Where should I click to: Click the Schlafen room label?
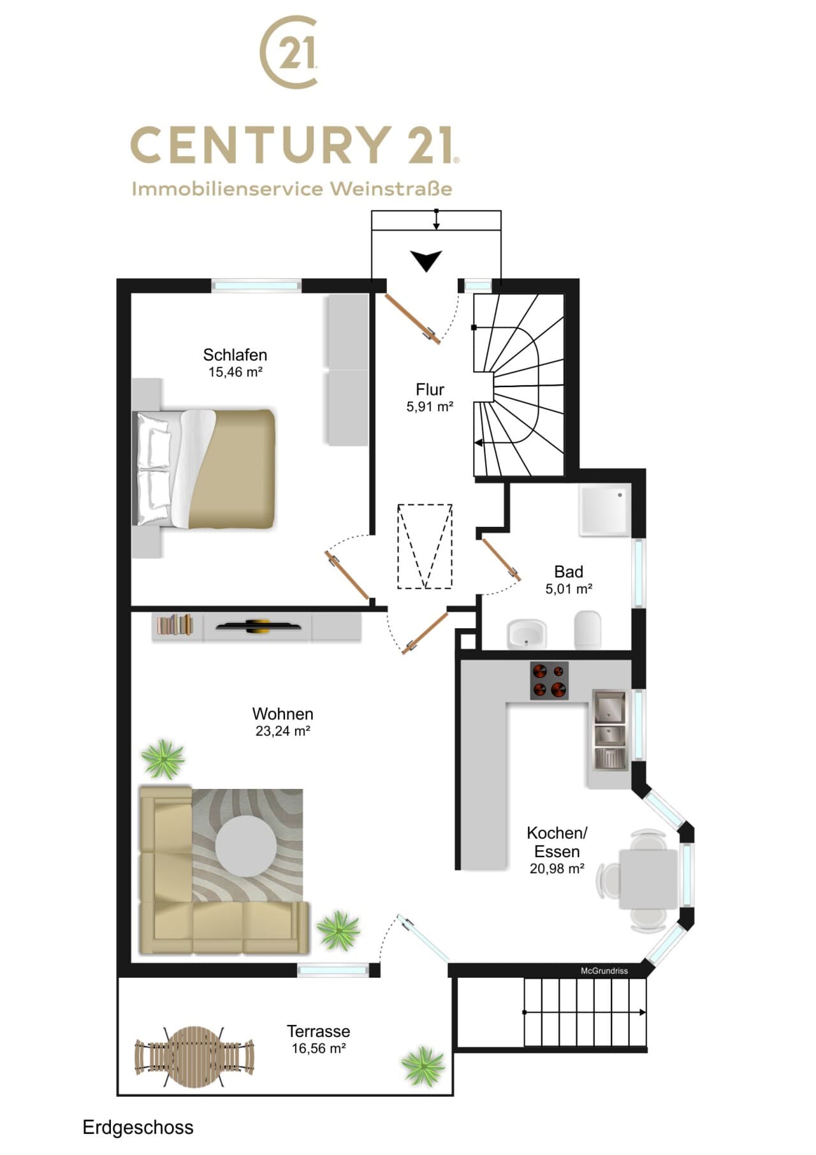[x=235, y=355]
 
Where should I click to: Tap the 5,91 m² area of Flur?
[x=430, y=406]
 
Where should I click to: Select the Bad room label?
[x=568, y=571]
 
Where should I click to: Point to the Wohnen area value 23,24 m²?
[x=282, y=731]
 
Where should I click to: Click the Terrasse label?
[x=318, y=1031]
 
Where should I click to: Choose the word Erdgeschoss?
[x=138, y=1128]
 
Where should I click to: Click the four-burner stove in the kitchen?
[x=550, y=680]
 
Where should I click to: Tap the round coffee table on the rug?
[x=246, y=847]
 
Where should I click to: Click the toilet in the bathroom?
[x=588, y=630]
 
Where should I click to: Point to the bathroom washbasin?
[x=527, y=634]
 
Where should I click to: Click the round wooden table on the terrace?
[x=193, y=1057]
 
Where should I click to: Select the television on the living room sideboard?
[x=258, y=626]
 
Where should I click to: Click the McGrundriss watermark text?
[x=604, y=971]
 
